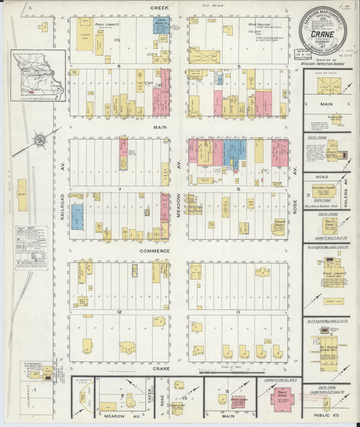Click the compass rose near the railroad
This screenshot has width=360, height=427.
(x=40, y=140)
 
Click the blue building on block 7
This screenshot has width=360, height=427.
(x=78, y=217)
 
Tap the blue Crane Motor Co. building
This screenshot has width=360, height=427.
(x=161, y=26)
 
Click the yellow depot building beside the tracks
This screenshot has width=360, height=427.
(x=22, y=194)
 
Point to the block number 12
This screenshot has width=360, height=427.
(x=119, y=311)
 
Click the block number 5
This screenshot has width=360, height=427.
(x=238, y=66)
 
